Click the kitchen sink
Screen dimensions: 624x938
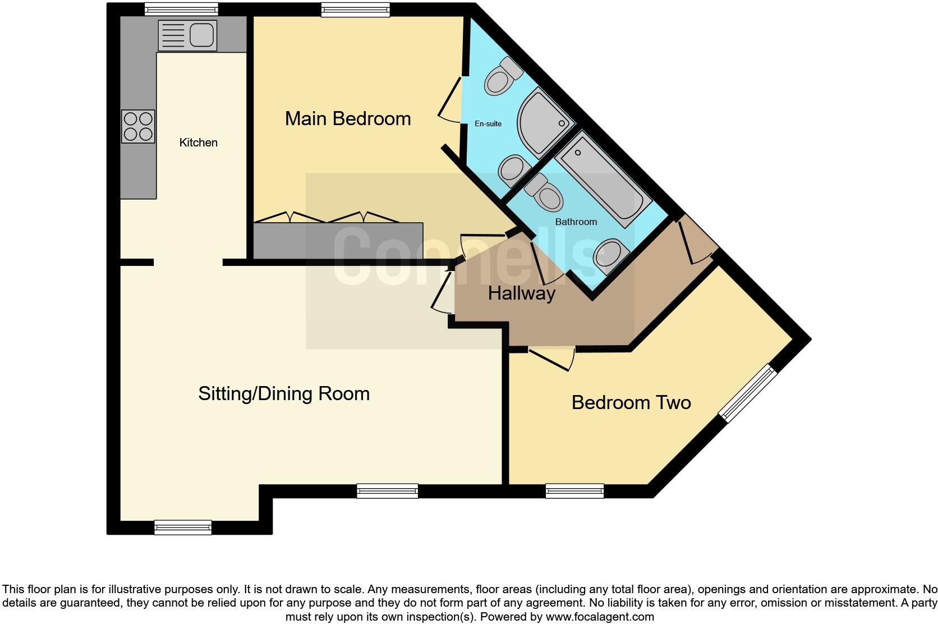[x=187, y=35]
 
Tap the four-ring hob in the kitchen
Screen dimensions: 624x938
[x=138, y=126]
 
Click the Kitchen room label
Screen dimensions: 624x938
[x=198, y=143]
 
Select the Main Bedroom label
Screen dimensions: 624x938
[x=348, y=118]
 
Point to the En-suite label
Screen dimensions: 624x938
[x=488, y=123]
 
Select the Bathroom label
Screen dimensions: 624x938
[x=576, y=222]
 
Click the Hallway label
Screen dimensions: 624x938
[x=521, y=293]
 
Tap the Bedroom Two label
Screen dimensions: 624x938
[x=631, y=402]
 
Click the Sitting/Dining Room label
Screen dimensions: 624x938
[x=284, y=393]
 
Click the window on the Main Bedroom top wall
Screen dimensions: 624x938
[x=356, y=8]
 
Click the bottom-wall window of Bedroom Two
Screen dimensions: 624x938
[x=575, y=492]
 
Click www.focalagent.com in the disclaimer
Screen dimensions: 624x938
[x=599, y=617]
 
